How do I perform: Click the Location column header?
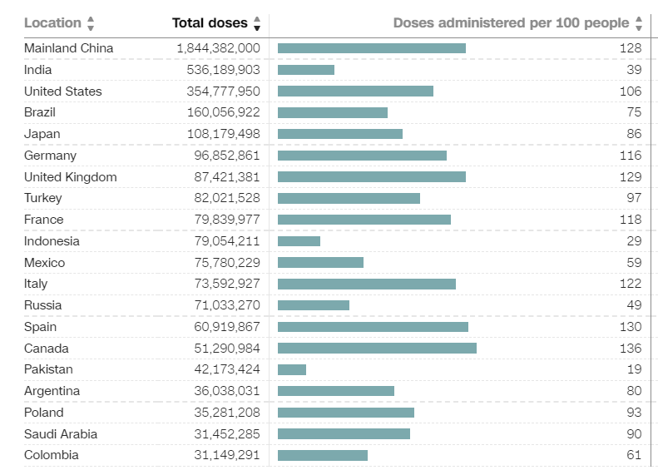pos(52,23)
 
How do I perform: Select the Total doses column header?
pos(210,23)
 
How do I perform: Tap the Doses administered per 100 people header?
pos(511,23)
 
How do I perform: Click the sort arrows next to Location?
pos(91,23)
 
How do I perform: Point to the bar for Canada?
pos(377,349)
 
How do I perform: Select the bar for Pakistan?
pos(292,369)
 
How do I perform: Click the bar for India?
pos(306,70)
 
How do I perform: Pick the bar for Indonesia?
pos(299,241)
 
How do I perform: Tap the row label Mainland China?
pos(68,48)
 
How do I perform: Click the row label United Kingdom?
pos(70,177)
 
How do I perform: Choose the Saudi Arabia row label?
pos(61,434)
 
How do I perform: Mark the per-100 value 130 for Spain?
pos(631,327)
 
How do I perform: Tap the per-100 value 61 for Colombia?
pos(634,455)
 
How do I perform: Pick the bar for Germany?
pos(362,156)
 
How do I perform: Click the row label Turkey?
pos(42,198)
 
